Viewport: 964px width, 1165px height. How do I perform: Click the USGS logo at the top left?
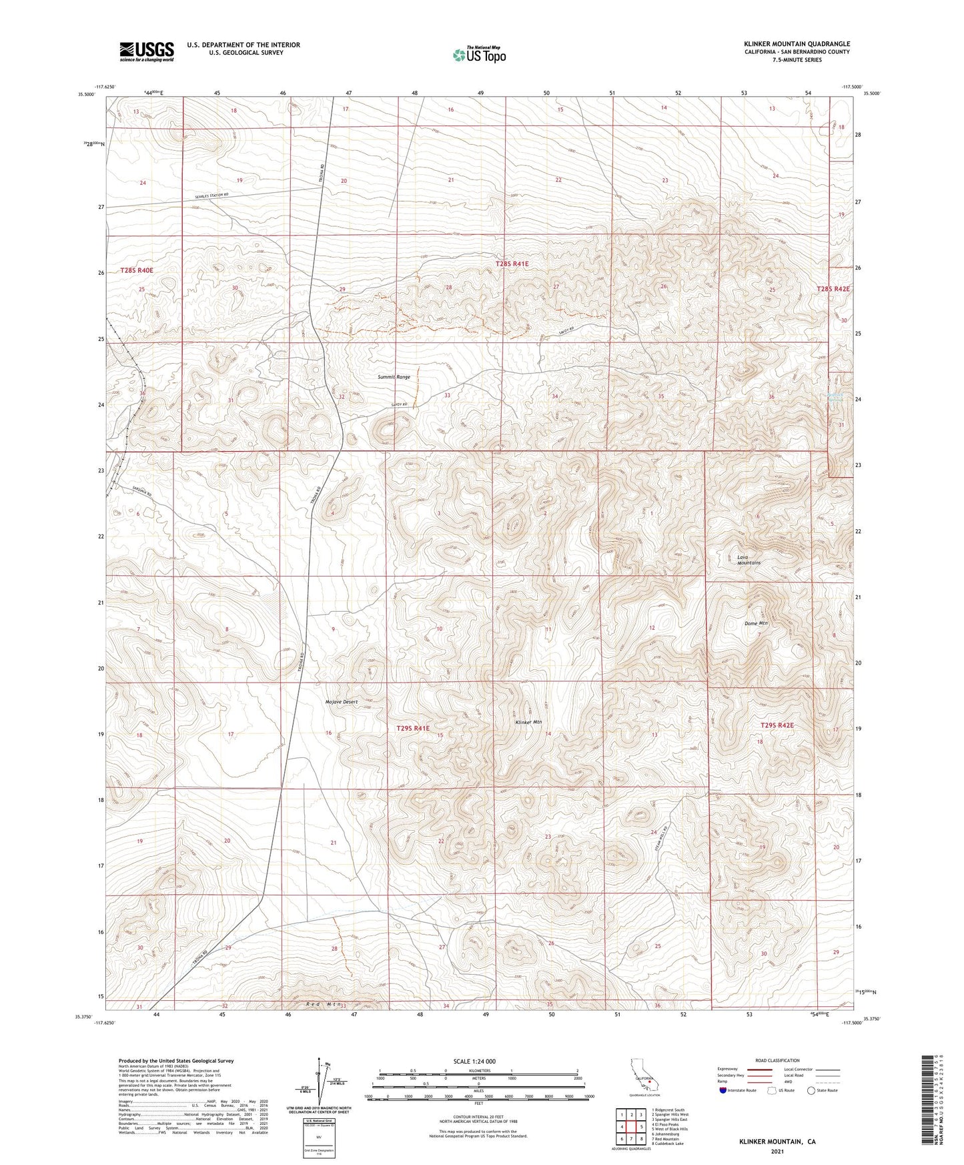147,51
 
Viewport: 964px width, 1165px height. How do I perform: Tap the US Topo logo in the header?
479,55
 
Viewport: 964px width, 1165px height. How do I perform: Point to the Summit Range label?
394,377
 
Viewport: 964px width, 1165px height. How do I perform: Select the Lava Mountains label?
749,560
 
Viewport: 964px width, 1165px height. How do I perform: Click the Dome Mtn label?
756,623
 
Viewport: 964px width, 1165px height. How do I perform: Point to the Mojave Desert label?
342,702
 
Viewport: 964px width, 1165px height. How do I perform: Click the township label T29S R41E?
413,729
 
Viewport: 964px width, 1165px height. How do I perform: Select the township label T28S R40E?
137,270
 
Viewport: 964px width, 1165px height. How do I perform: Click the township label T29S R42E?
777,725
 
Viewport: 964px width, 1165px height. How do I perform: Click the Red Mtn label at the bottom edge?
324,1004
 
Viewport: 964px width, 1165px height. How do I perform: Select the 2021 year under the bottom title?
777,1151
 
